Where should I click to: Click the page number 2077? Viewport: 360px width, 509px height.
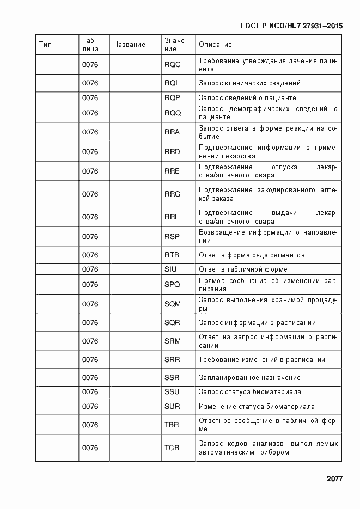click(x=334, y=479)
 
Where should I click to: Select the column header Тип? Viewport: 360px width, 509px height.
click(x=46, y=44)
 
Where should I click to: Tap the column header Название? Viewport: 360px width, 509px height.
click(x=129, y=44)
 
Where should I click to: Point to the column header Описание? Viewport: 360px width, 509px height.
click(x=215, y=44)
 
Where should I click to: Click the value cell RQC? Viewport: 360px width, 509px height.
click(x=172, y=65)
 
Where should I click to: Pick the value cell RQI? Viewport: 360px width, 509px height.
click(x=171, y=83)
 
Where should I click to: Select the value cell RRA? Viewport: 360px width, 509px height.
click(x=172, y=132)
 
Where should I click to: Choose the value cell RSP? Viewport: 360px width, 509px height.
click(x=172, y=237)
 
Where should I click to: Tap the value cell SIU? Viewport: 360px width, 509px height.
click(x=171, y=269)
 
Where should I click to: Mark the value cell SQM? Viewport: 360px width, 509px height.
click(x=173, y=304)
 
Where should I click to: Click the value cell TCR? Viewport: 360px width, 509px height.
click(x=172, y=448)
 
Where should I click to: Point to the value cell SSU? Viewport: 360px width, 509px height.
click(x=172, y=392)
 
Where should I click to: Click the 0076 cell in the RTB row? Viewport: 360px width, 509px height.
click(x=90, y=255)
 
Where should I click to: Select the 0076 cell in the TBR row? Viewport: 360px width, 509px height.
click(x=90, y=425)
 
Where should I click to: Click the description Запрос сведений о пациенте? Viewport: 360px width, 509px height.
click(x=247, y=98)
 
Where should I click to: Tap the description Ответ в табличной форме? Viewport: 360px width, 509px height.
click(x=243, y=269)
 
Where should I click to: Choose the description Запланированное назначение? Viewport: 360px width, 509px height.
click(x=249, y=378)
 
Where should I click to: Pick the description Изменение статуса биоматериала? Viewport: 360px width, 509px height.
click(x=257, y=407)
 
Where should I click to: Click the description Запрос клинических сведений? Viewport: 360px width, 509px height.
click(x=249, y=83)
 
